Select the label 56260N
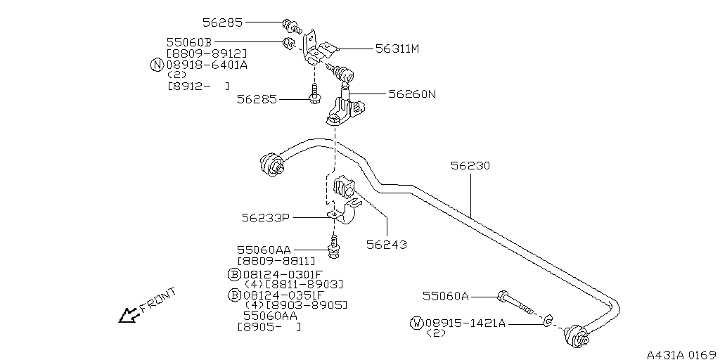tap(412, 94)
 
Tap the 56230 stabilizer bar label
tap(470, 166)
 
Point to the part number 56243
tap(386, 244)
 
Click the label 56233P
tap(265, 218)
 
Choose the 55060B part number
tap(189, 43)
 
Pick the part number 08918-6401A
tap(207, 65)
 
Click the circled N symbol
tap(157, 65)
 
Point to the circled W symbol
tap(416, 323)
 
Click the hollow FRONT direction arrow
tap(129, 316)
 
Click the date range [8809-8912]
tap(207, 53)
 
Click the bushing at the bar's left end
tap(270, 163)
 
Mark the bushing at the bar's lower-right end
tap(577, 336)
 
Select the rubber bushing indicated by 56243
tap(343, 189)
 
